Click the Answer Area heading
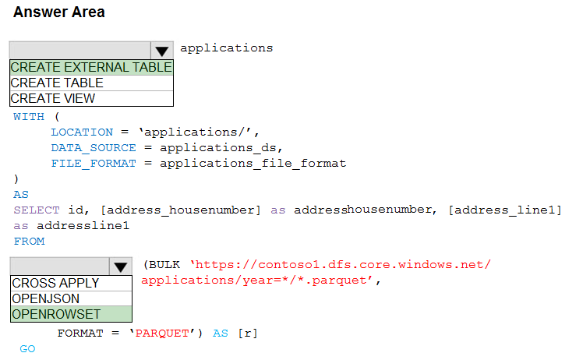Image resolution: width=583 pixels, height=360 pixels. tap(59, 12)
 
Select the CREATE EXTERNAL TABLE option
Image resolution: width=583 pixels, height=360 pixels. tap(91, 67)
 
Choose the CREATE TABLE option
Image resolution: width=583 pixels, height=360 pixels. tap(57, 83)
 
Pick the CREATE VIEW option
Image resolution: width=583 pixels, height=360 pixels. tap(53, 98)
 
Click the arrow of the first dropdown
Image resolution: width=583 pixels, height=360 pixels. tap(161, 51)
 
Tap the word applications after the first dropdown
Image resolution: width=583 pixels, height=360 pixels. tap(226, 48)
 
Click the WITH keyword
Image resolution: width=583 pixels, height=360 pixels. tap(29, 117)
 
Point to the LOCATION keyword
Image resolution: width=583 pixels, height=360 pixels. tap(82, 132)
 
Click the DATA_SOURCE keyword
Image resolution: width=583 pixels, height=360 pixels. tap(93, 148)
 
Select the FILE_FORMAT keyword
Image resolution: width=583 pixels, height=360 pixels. tap(93, 164)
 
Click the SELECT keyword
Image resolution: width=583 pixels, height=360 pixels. tap(33, 210)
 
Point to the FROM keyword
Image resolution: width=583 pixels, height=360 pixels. tap(29, 242)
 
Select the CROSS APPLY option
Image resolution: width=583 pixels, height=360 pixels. tap(56, 283)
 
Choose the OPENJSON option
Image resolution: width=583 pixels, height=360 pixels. tap(46, 298)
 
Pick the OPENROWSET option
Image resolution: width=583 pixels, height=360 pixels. tap(56, 314)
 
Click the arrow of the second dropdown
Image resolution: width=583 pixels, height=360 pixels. tap(121, 266)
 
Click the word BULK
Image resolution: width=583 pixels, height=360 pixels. tap(167, 265)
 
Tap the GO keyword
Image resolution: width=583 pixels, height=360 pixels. tap(27, 349)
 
